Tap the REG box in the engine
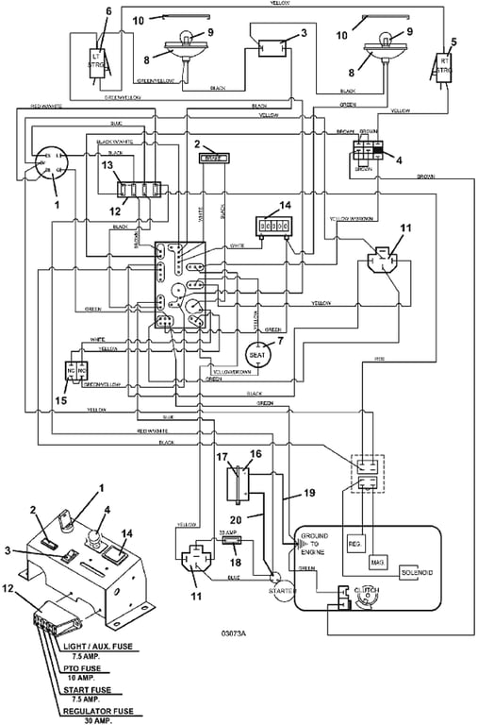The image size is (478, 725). pyautogui.click(x=354, y=544)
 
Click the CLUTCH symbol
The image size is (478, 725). pyautogui.click(x=365, y=593)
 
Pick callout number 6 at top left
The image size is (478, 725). pyautogui.click(x=108, y=10)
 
